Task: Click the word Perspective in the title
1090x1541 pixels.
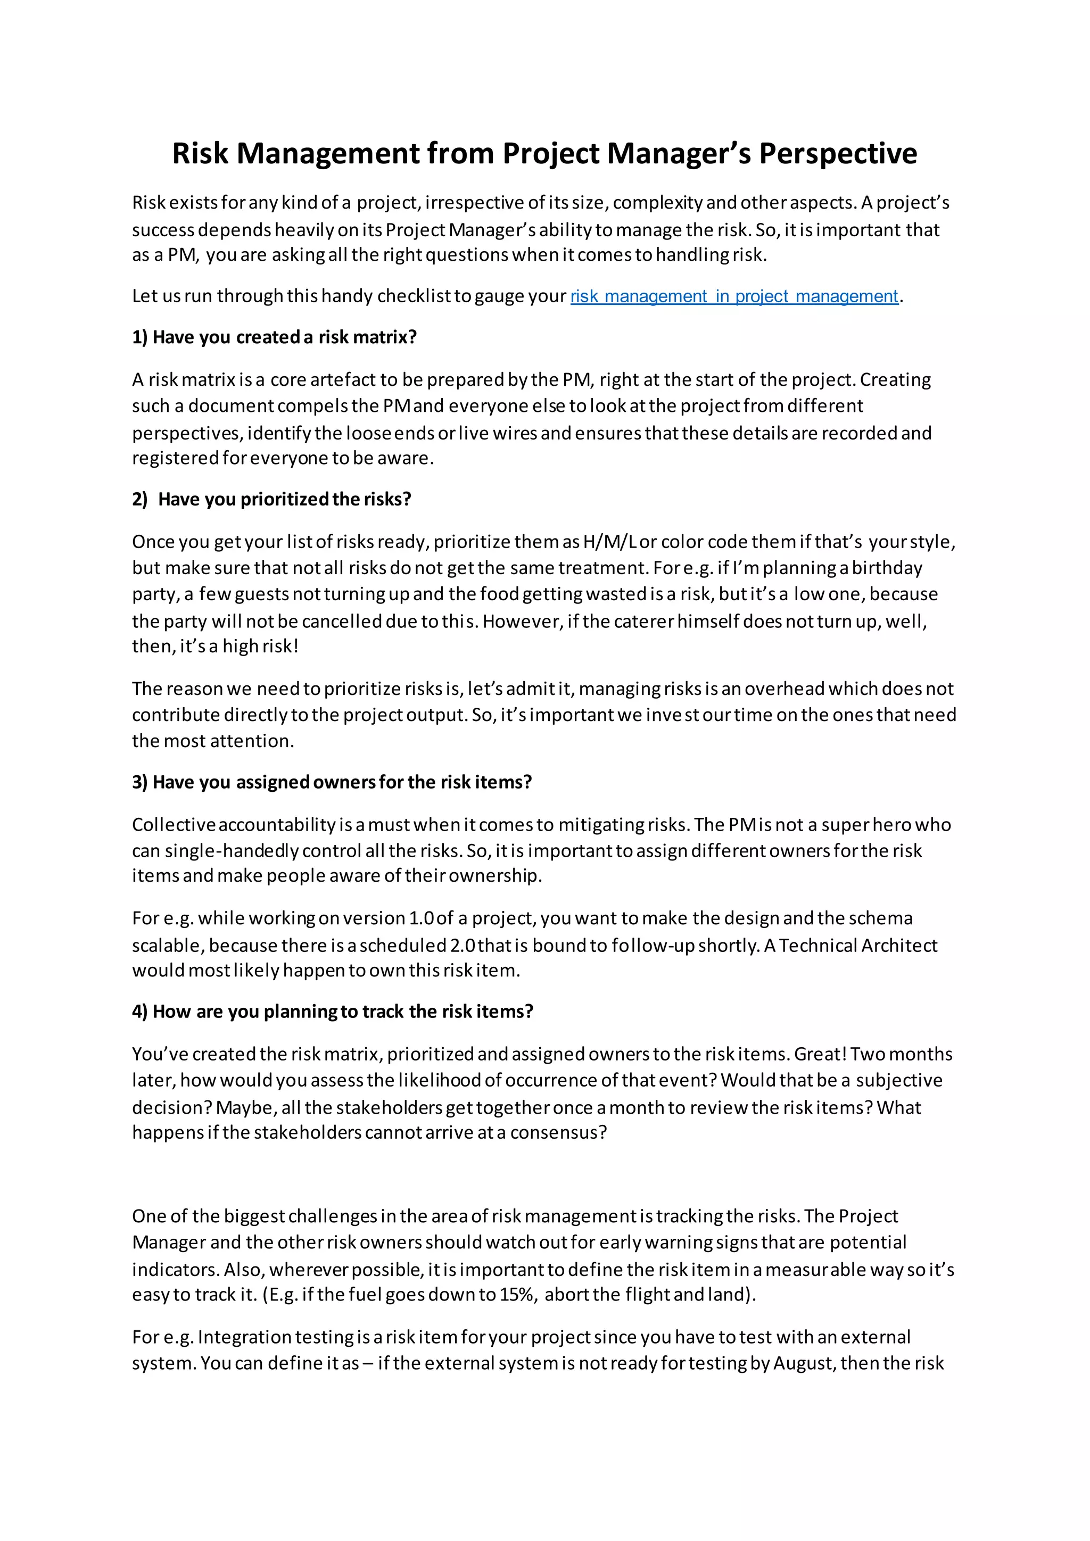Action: click(x=838, y=154)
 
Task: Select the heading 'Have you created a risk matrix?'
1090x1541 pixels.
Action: click(x=274, y=337)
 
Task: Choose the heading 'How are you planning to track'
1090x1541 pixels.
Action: click(x=332, y=1012)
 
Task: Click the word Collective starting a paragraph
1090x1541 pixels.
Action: click(x=173, y=825)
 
